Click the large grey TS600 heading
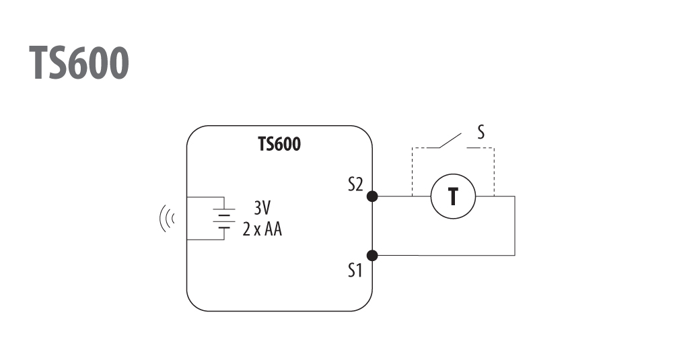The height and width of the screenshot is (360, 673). pyautogui.click(x=79, y=63)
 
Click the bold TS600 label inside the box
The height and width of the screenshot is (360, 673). pyautogui.click(x=279, y=144)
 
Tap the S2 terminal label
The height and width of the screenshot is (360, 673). pyautogui.click(x=355, y=184)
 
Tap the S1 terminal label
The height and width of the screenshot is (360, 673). pyautogui.click(x=355, y=271)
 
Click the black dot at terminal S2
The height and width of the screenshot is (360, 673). pyautogui.click(x=372, y=196)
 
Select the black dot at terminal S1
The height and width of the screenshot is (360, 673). pyautogui.click(x=372, y=256)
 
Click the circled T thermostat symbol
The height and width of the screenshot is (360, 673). pyautogui.click(x=453, y=196)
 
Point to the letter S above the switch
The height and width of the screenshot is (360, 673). pyautogui.click(x=481, y=132)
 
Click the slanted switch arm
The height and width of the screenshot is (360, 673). pyautogui.click(x=450, y=141)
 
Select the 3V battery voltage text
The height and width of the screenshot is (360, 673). pyautogui.click(x=262, y=208)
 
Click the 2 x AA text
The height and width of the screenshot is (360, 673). pyautogui.click(x=262, y=229)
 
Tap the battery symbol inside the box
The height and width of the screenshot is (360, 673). pyautogui.click(x=224, y=219)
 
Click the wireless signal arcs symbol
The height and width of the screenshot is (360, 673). pyautogui.click(x=167, y=219)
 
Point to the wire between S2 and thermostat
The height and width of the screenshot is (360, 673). pyautogui.click(x=401, y=196)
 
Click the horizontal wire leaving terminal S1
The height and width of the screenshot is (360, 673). pyautogui.click(x=444, y=256)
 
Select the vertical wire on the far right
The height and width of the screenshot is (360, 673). pyautogui.click(x=515, y=226)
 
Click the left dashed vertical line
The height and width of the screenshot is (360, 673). pyautogui.click(x=412, y=172)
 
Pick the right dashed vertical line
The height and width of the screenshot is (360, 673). pyautogui.click(x=494, y=172)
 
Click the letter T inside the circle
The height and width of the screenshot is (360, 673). pyautogui.click(x=453, y=197)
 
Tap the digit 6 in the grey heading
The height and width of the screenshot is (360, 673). pyautogui.click(x=79, y=63)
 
